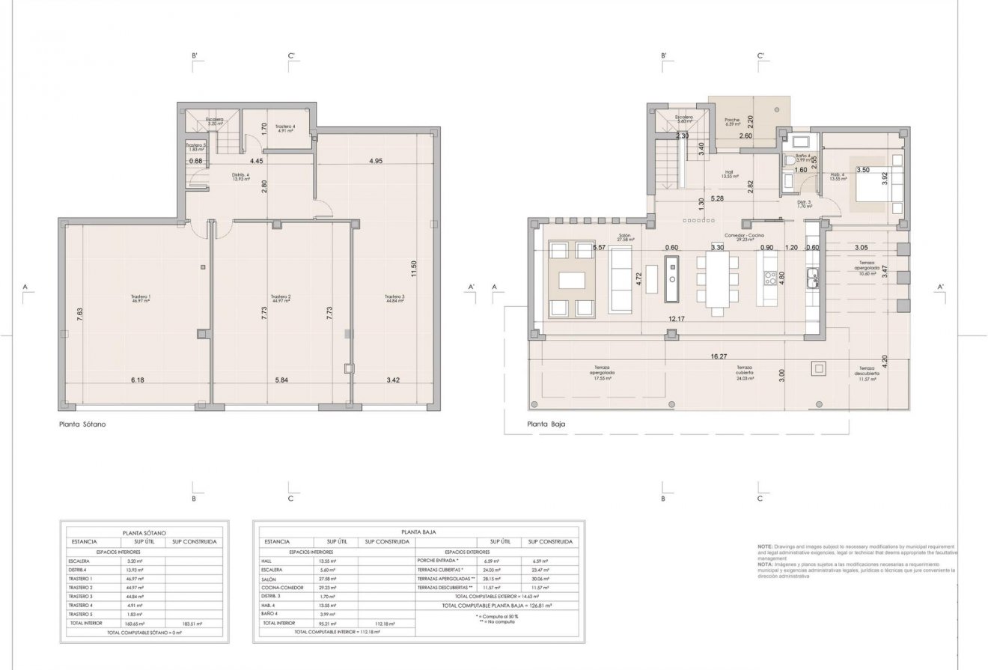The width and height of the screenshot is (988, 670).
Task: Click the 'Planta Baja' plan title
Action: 546,424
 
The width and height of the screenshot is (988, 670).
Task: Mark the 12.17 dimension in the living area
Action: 677,320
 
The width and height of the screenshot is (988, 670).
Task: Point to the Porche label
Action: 732,122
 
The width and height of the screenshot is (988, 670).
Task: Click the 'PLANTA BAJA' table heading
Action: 418,532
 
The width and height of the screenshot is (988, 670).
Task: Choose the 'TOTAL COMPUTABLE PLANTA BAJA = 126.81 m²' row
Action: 496,606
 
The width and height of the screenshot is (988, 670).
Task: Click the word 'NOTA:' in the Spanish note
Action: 766,565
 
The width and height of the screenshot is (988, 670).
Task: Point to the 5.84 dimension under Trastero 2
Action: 282,380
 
